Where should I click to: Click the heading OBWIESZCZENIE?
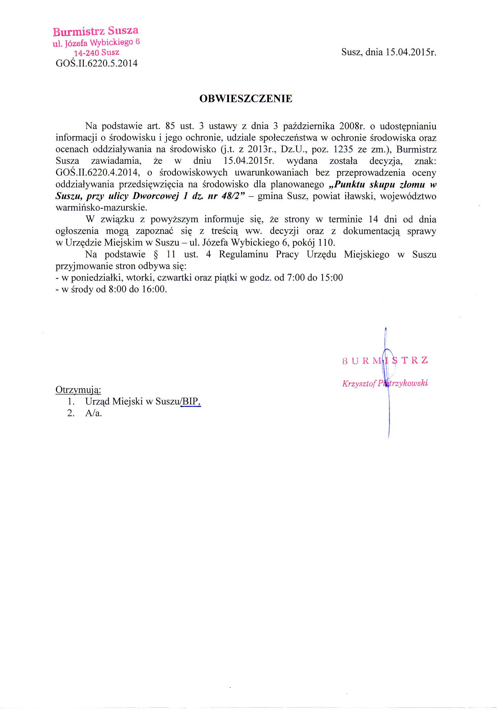(246, 99)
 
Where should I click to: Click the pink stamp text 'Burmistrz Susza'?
(96, 31)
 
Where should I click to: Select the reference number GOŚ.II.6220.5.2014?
(96, 64)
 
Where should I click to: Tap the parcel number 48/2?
(230, 196)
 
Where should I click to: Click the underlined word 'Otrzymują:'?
(78, 390)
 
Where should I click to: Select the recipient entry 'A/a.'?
(93, 413)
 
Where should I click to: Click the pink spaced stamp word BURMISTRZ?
(385, 360)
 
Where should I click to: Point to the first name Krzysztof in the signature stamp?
(359, 384)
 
